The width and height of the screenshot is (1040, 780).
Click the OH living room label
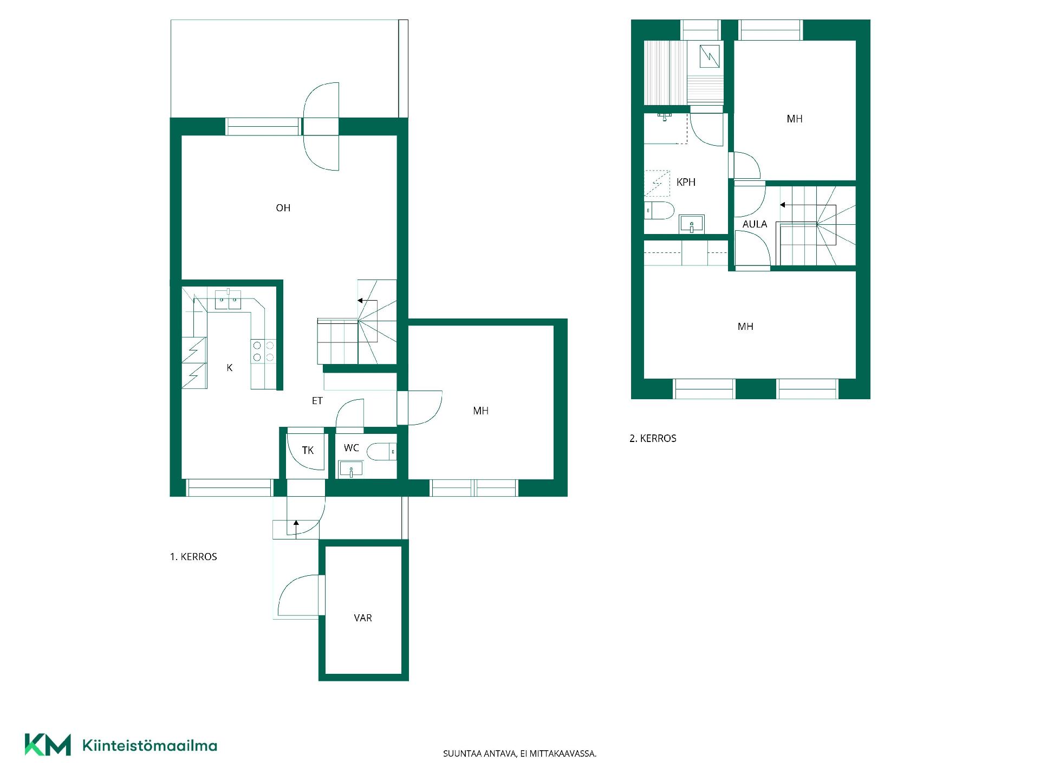click(283, 208)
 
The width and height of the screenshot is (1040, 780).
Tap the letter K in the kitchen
click(230, 368)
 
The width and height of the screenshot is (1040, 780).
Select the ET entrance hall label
click(317, 401)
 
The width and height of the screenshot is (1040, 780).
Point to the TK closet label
click(308, 450)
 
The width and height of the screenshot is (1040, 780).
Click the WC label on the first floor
click(352, 448)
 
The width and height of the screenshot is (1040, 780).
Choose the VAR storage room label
click(363, 618)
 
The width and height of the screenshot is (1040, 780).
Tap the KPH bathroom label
click(686, 183)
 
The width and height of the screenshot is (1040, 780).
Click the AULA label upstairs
click(755, 224)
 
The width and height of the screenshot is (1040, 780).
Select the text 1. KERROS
click(193, 557)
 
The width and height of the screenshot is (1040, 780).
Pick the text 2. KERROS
click(653, 439)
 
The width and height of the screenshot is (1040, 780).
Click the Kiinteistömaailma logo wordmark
click(149, 745)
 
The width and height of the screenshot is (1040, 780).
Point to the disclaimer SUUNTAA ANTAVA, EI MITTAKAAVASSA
click(520, 753)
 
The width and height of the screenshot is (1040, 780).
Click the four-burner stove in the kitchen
click(263, 350)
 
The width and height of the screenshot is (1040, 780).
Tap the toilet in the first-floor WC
click(381, 451)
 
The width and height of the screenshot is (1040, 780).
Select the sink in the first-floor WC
click(351, 469)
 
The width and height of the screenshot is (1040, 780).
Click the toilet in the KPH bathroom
click(659, 210)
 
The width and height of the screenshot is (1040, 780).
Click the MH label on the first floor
click(481, 411)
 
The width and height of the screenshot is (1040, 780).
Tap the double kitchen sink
click(228, 300)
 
